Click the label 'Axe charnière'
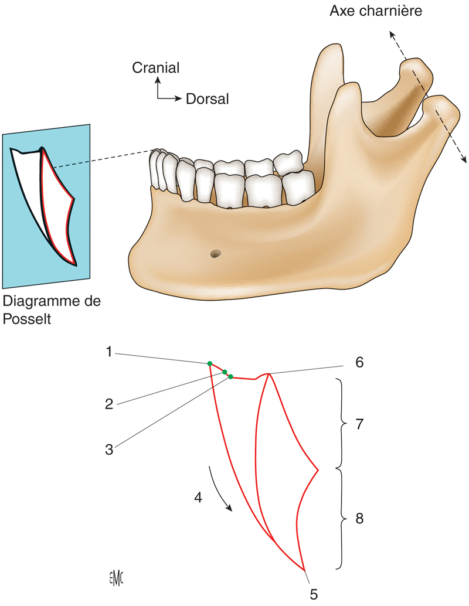[376, 11]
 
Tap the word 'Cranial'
[155, 68]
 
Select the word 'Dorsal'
[207, 99]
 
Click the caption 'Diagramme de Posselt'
[52, 310]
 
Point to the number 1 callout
[109, 352]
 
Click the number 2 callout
[109, 403]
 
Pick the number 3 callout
[109, 450]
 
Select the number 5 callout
[314, 594]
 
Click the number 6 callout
[359, 362]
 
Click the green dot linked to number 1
[210, 364]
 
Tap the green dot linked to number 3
[230, 376]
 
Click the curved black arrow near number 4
[219, 490]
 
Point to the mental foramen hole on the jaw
[216, 254]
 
